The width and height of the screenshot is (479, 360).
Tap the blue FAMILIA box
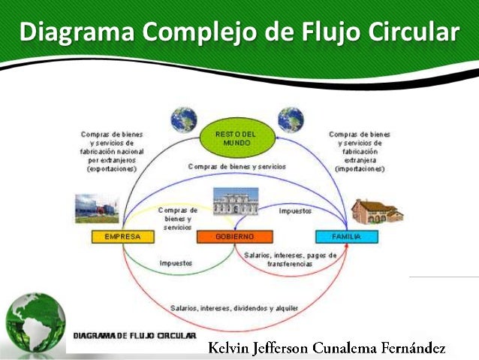point(347,237)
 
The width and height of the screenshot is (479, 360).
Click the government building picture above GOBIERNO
point(235,204)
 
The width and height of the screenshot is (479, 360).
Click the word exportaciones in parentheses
point(112,169)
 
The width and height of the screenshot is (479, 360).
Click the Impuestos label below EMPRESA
point(175,263)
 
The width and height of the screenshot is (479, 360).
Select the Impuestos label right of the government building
point(295,211)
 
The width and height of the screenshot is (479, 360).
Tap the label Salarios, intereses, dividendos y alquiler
point(233,307)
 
